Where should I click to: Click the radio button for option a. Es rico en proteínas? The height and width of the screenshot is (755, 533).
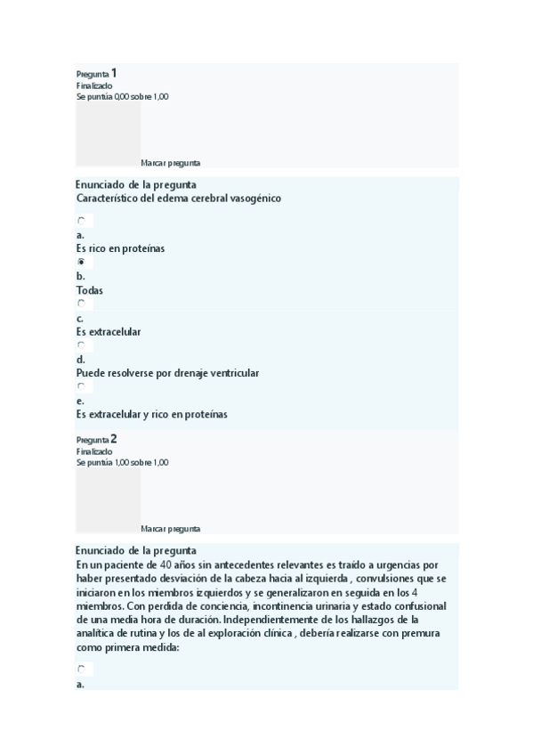(x=81, y=221)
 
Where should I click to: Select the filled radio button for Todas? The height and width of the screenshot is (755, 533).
(x=81, y=263)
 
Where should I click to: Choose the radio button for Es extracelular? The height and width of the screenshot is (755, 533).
(x=81, y=304)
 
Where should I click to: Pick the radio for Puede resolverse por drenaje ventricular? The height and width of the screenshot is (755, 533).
(x=81, y=345)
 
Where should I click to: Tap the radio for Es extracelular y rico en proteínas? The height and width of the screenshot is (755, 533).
(x=81, y=387)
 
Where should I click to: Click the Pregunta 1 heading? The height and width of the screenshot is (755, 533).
(x=97, y=73)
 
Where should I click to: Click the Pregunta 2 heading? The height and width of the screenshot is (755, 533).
(x=97, y=439)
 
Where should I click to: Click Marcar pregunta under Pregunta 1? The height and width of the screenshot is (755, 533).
(x=170, y=163)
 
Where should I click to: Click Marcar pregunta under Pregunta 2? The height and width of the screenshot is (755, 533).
(x=170, y=529)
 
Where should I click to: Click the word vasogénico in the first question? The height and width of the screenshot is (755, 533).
(x=253, y=199)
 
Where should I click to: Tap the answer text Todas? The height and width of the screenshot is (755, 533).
(x=90, y=290)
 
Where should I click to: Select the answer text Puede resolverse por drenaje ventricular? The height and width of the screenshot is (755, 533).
(x=167, y=373)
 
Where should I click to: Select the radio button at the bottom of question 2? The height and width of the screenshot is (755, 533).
(x=81, y=669)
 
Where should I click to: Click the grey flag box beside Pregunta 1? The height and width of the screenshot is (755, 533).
(x=108, y=134)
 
